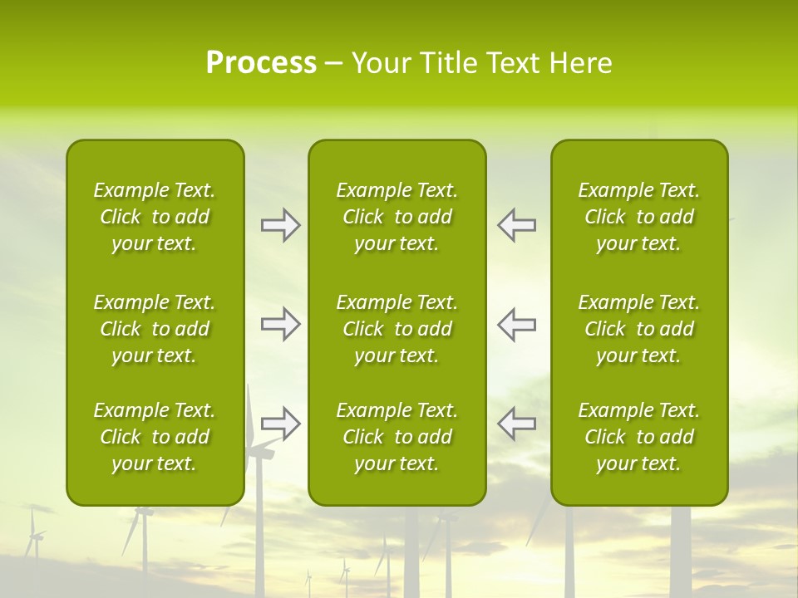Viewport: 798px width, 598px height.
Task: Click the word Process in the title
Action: (261, 63)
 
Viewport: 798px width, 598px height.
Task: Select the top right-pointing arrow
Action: (281, 225)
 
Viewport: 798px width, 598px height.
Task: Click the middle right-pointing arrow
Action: (281, 324)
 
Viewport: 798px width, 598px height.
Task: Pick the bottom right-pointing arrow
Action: (281, 424)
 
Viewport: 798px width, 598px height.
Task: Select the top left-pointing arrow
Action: (516, 225)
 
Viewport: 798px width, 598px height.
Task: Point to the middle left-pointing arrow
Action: (516, 324)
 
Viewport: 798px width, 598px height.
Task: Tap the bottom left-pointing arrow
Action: (516, 424)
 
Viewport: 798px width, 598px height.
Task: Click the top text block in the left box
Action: (155, 217)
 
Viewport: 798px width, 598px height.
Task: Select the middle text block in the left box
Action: (155, 329)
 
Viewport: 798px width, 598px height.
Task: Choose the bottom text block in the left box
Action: (155, 437)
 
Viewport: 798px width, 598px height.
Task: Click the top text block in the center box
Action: (397, 217)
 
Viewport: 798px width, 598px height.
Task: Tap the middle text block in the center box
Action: (397, 329)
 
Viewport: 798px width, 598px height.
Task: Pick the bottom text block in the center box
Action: (397, 437)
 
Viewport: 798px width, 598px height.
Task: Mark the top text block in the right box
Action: (638, 217)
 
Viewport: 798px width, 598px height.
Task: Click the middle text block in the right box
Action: (638, 329)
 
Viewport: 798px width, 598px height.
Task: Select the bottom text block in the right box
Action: (638, 437)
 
